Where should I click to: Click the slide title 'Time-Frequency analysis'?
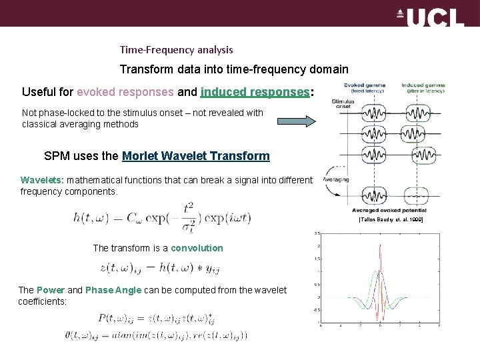tap(176, 50)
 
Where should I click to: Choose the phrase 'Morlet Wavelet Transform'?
tap(196, 156)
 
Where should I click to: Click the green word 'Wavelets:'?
tap(42, 180)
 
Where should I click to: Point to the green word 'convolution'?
tap(197, 248)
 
